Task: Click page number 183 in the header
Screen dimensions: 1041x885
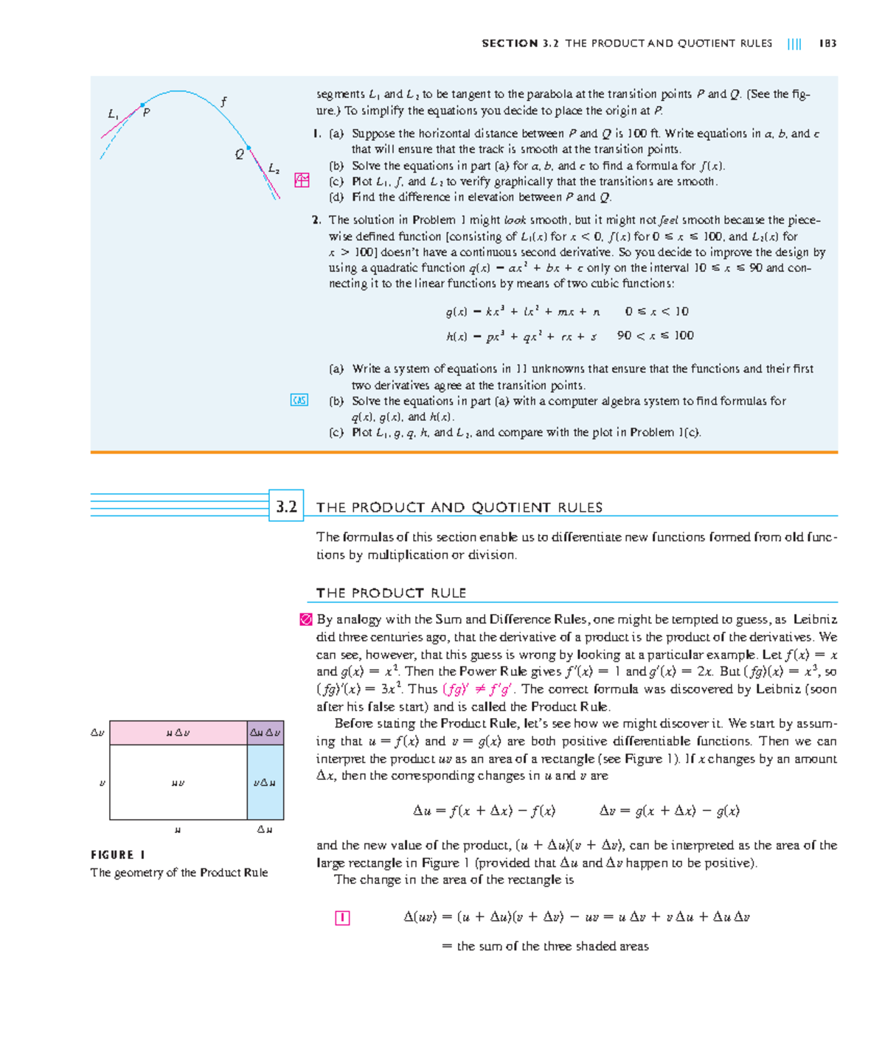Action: point(827,43)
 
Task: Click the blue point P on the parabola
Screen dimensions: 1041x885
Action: point(142,105)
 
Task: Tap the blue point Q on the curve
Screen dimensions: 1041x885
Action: point(249,148)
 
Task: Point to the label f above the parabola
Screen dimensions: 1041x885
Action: point(223,101)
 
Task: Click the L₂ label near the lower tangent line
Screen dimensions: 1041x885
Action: point(274,169)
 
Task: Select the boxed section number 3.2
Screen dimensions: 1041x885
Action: point(286,506)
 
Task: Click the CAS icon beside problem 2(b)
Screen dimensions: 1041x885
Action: point(299,400)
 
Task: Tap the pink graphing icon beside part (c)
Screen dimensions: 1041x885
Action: point(302,181)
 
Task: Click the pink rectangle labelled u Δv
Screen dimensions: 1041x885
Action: point(178,733)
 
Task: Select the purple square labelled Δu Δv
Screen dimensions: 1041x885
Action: point(265,733)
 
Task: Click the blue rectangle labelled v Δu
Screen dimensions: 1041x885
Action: point(265,782)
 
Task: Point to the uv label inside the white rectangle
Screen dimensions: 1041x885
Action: point(178,783)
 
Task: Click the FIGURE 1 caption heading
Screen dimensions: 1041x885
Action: point(118,854)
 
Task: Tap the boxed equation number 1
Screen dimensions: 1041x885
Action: point(342,918)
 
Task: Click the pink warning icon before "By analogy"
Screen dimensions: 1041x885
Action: point(305,620)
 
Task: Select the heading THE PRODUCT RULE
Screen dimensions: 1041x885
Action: point(391,593)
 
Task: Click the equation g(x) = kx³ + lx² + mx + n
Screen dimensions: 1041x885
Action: point(522,312)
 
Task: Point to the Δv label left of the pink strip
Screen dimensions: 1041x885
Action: point(97,733)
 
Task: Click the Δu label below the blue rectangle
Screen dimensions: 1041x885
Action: point(265,830)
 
